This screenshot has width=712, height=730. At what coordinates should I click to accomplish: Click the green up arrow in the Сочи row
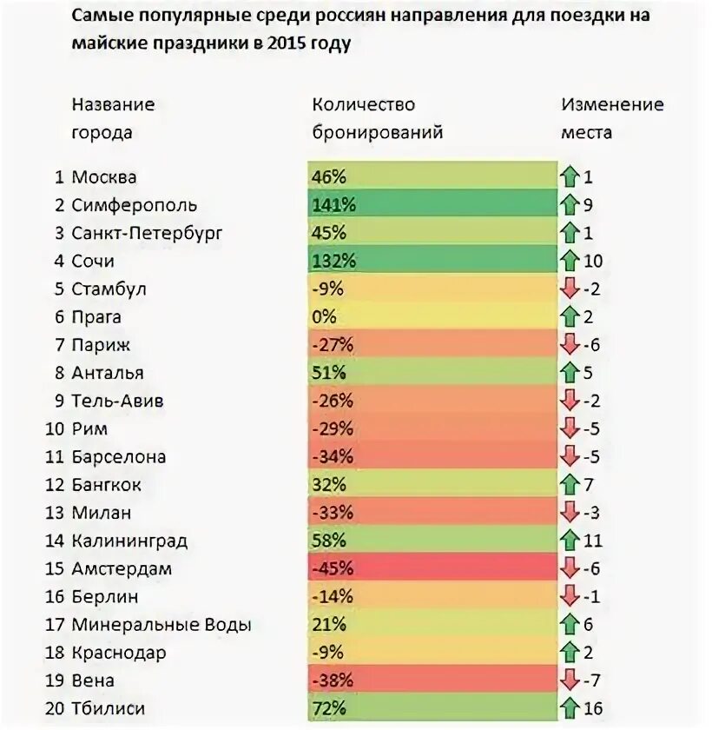(570, 261)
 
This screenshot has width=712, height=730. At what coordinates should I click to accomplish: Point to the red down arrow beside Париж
(570, 345)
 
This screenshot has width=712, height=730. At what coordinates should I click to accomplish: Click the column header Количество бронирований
(377, 118)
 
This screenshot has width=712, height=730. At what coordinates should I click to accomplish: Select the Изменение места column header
(611, 118)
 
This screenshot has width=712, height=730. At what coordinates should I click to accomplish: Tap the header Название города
(113, 118)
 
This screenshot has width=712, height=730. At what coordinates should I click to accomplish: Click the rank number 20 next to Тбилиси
(55, 708)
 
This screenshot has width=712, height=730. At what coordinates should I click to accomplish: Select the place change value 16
(593, 708)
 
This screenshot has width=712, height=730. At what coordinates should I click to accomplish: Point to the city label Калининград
(129, 541)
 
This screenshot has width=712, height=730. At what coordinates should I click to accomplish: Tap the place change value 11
(593, 541)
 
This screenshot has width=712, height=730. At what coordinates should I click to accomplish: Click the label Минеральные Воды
(162, 625)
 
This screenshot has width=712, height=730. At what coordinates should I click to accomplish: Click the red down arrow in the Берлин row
(570, 597)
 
